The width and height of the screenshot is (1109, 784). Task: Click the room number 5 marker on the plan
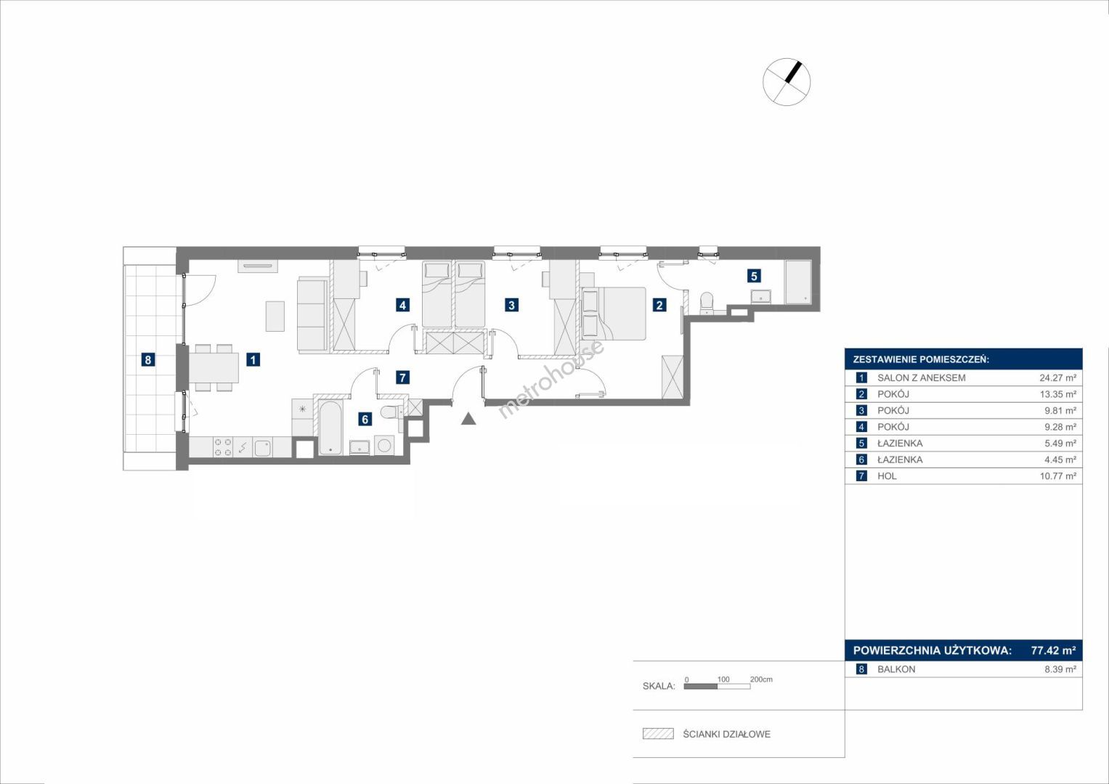(754, 276)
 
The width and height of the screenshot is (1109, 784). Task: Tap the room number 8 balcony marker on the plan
(147, 359)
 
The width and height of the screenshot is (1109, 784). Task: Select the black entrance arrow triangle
(468, 419)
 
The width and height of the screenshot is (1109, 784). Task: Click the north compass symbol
(787, 81)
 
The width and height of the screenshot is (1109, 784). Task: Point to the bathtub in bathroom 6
(330, 428)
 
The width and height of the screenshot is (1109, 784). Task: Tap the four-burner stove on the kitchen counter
(222, 447)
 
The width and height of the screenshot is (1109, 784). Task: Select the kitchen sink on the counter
(262, 447)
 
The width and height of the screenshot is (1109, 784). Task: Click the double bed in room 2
(614, 314)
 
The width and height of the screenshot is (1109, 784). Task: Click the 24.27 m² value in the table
(1057, 378)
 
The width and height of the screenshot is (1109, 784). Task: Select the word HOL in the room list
(887, 476)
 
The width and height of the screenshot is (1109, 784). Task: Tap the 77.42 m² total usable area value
(1053, 650)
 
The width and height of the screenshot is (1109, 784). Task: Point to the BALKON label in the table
(896, 669)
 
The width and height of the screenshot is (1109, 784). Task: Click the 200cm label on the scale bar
(761, 679)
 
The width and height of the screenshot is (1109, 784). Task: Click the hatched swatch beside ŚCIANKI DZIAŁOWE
(658, 733)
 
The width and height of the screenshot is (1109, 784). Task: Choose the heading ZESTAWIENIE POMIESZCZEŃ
(921, 360)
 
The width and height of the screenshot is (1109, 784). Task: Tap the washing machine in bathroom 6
(384, 446)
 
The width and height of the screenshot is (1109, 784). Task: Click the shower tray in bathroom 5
(797, 282)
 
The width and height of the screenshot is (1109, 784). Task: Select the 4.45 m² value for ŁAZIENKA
(1060, 460)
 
